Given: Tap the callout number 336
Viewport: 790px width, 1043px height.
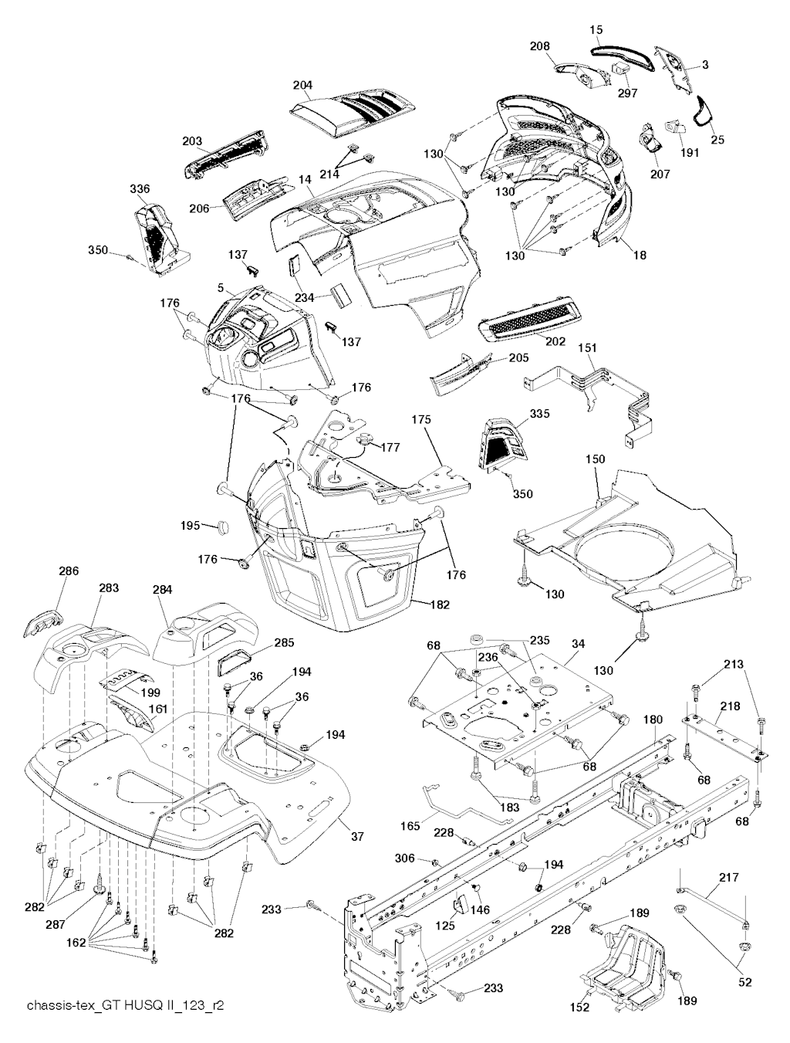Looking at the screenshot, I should [x=140, y=189].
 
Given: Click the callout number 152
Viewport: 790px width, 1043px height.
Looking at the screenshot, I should [x=579, y=1007].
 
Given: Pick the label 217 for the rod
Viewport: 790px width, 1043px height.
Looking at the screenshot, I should [x=728, y=877].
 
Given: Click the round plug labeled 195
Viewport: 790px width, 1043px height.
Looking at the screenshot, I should [x=224, y=527].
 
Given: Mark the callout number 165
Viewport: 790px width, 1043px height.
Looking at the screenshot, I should [x=410, y=826].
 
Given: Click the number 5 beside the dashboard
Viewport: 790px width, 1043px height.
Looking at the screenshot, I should [x=221, y=287].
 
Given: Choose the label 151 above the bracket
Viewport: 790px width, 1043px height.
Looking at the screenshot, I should [x=588, y=349].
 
